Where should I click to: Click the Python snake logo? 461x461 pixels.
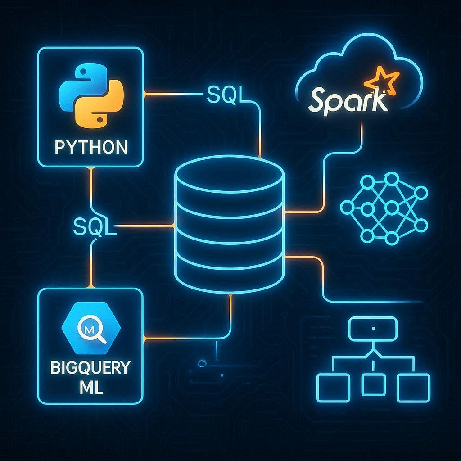click(90, 96)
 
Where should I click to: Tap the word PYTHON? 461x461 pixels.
click(90, 147)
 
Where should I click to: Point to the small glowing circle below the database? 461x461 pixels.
click(202, 362)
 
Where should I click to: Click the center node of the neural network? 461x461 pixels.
click(391, 208)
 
